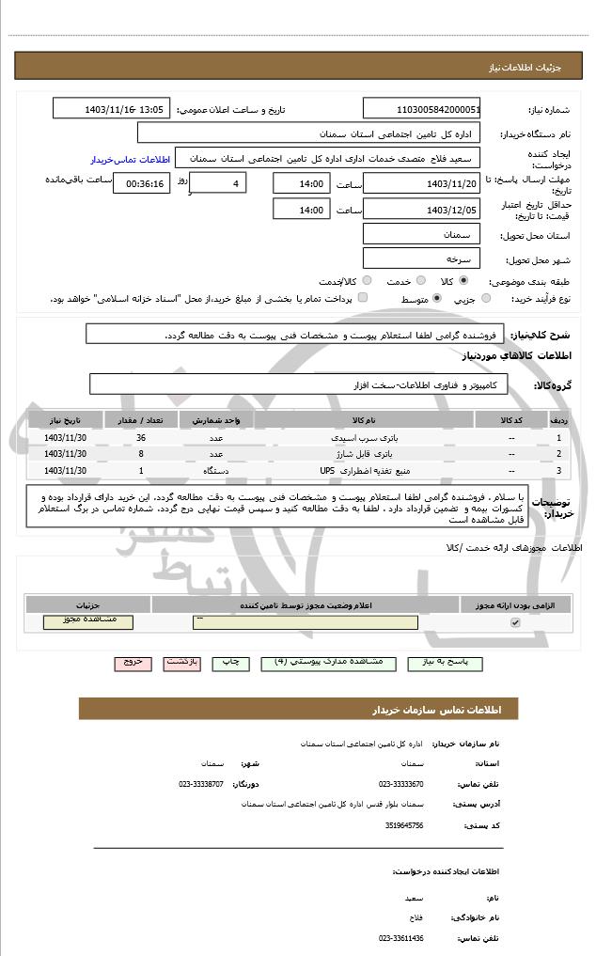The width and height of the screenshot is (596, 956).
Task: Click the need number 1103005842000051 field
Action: coord(421,109)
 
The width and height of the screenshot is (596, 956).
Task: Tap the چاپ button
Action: coord(229,663)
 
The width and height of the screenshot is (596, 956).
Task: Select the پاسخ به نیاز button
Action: coord(445,663)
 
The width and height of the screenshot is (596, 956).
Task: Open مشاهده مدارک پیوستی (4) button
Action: coord(328,663)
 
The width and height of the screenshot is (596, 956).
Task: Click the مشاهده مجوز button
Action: coord(88,621)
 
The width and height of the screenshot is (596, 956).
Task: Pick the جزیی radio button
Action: coord(485,299)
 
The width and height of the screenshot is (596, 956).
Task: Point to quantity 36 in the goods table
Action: coord(141,438)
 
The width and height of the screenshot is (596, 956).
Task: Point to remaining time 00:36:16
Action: coord(141,183)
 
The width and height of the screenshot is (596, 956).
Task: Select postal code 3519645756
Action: coord(405,825)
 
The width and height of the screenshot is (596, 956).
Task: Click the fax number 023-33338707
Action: coord(201,783)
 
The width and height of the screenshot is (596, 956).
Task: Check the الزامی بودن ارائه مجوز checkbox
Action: coord(514,623)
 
